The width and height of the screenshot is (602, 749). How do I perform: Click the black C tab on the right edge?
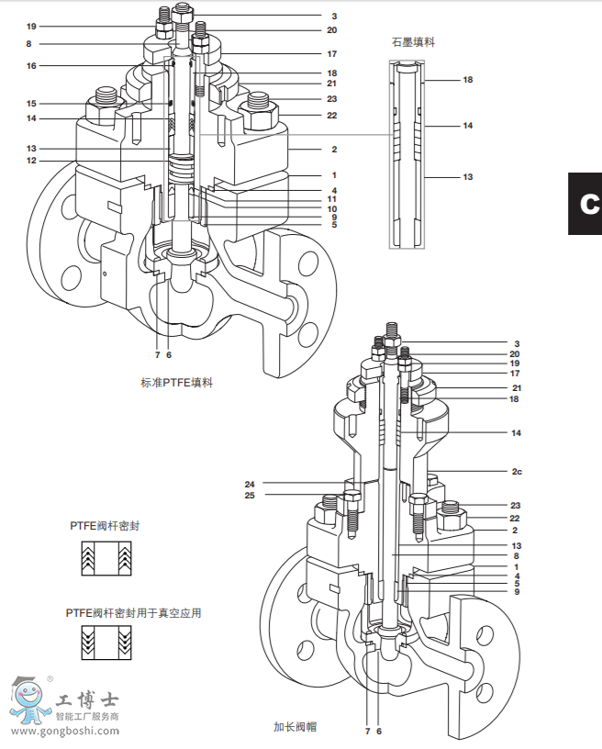[x=585, y=203]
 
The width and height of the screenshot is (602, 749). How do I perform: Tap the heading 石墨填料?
[x=411, y=41]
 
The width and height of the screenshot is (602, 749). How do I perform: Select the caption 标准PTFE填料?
[x=176, y=383]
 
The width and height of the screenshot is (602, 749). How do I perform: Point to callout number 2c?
[x=517, y=472]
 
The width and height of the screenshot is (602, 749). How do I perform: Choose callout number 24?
[x=250, y=484]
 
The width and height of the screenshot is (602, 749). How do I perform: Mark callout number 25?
[x=250, y=496]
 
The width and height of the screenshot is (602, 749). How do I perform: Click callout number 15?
[x=31, y=104]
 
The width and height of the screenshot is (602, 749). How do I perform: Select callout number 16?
[x=31, y=66]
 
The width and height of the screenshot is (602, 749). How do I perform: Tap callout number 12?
[x=31, y=161]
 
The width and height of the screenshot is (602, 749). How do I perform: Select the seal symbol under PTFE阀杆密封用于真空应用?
[x=101, y=644]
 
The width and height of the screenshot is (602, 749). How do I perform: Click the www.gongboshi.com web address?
[x=64, y=731]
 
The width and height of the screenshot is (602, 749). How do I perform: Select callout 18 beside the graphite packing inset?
[x=467, y=80]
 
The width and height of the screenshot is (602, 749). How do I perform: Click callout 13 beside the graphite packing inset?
[x=467, y=176]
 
